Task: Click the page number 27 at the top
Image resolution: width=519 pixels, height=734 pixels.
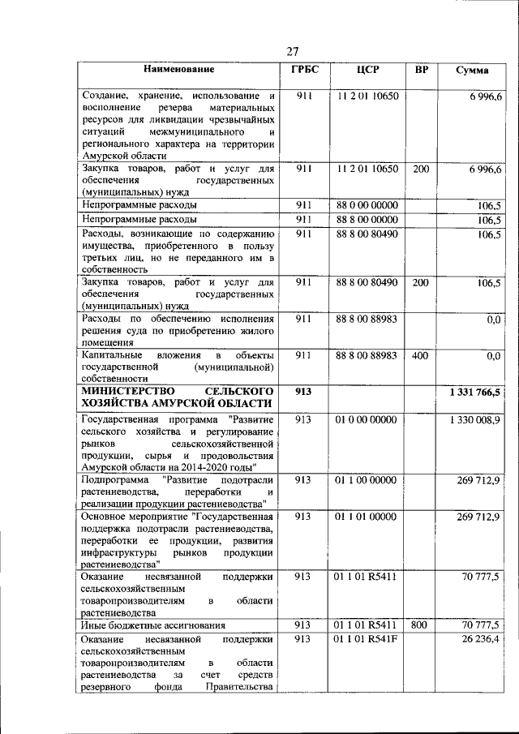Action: pyautogui.click(x=294, y=52)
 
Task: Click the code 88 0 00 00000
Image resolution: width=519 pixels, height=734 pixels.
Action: pyautogui.click(x=367, y=205)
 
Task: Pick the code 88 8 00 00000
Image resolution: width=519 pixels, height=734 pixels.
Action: pyautogui.click(x=367, y=219)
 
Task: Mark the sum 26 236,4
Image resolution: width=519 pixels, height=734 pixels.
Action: pyautogui.click(x=482, y=639)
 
